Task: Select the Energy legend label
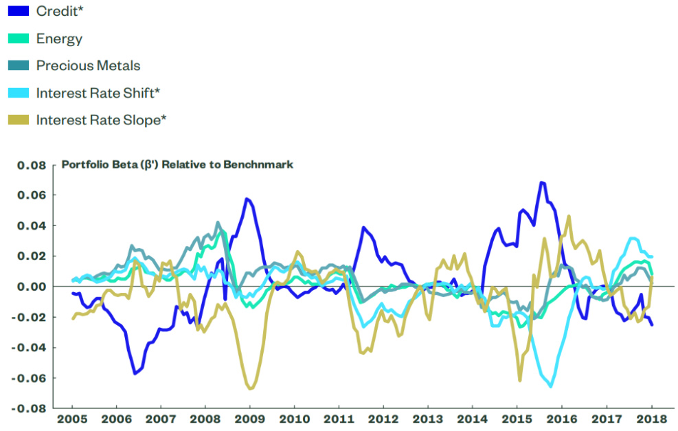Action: click(59, 38)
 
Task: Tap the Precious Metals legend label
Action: click(88, 66)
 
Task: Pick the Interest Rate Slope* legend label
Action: click(102, 120)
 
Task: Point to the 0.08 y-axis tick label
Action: click(31, 165)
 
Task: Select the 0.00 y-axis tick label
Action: click(31, 287)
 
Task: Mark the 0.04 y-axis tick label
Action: click(31, 225)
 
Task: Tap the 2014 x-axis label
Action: click(472, 418)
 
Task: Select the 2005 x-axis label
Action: click(72, 418)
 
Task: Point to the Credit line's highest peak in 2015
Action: click(542, 182)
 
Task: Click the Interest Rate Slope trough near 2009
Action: click(250, 389)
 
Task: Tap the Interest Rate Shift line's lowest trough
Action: click(550, 386)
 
